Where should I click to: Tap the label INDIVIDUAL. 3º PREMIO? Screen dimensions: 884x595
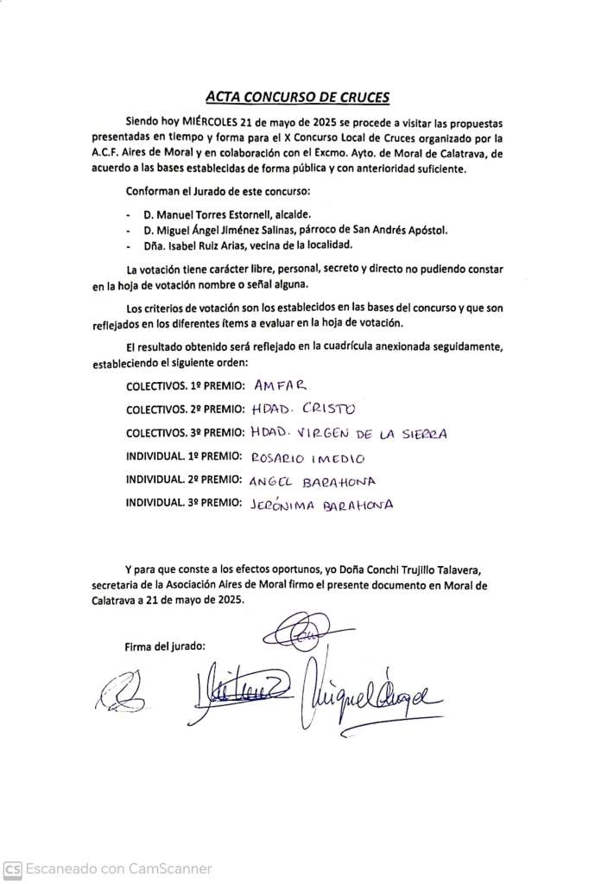coord(182,505)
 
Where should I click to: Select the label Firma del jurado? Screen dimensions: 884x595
coord(166,646)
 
